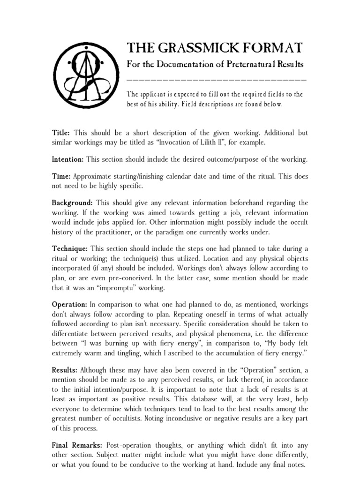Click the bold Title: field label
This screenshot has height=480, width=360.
(61, 133)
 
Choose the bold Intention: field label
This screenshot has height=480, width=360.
(67, 159)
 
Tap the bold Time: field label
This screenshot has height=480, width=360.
(61, 177)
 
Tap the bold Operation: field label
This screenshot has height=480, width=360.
(69, 305)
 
